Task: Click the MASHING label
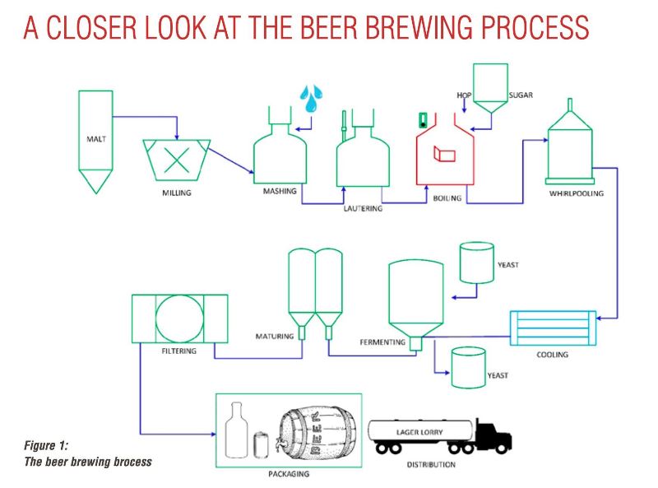280,191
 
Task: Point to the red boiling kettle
444,152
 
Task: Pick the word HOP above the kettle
464,95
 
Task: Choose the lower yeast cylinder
467,367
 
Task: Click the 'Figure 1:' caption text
47,445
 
